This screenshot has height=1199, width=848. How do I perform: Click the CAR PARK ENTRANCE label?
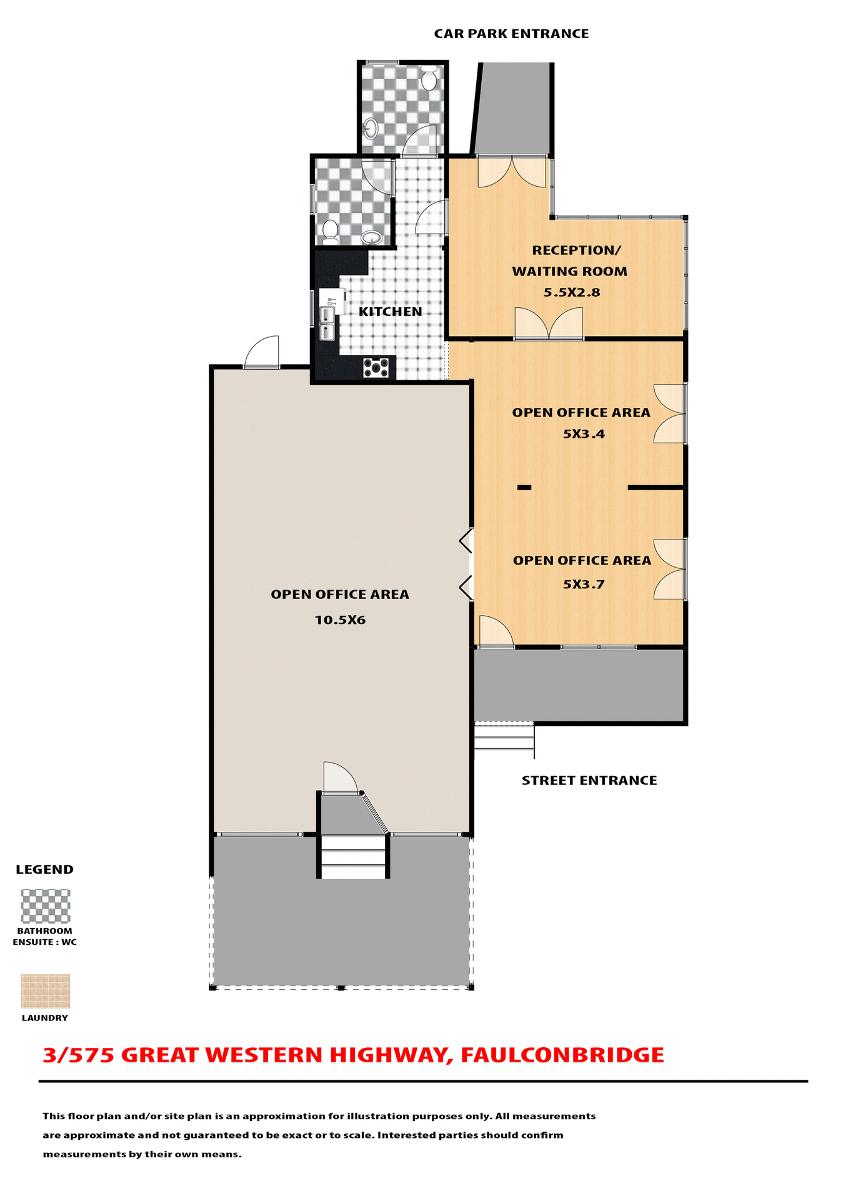pos(511,34)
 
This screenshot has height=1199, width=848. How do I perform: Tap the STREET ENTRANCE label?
pos(589,781)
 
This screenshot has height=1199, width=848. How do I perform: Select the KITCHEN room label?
pos(390,312)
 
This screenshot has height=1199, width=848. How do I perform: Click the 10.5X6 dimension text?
pos(339,620)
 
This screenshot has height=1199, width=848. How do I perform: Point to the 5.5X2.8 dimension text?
pos(571,292)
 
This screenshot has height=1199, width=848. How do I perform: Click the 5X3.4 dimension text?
pos(584,434)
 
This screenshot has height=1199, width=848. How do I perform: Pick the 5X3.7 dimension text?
pos(584,585)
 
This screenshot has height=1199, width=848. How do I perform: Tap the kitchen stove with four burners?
pos(376,368)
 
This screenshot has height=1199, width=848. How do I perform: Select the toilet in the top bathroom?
pos(428,79)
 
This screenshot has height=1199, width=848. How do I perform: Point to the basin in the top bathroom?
pos(370,129)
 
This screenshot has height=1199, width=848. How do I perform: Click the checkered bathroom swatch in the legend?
pos(46,906)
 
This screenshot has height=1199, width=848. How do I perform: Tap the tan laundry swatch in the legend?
pos(46,991)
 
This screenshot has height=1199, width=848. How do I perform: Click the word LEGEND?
pos(44,870)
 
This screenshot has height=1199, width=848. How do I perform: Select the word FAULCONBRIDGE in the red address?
pos(562,1055)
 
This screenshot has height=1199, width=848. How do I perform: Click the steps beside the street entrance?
pos(504,736)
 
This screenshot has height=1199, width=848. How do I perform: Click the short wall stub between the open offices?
pos(524,487)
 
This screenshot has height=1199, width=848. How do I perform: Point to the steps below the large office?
pos(353,857)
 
